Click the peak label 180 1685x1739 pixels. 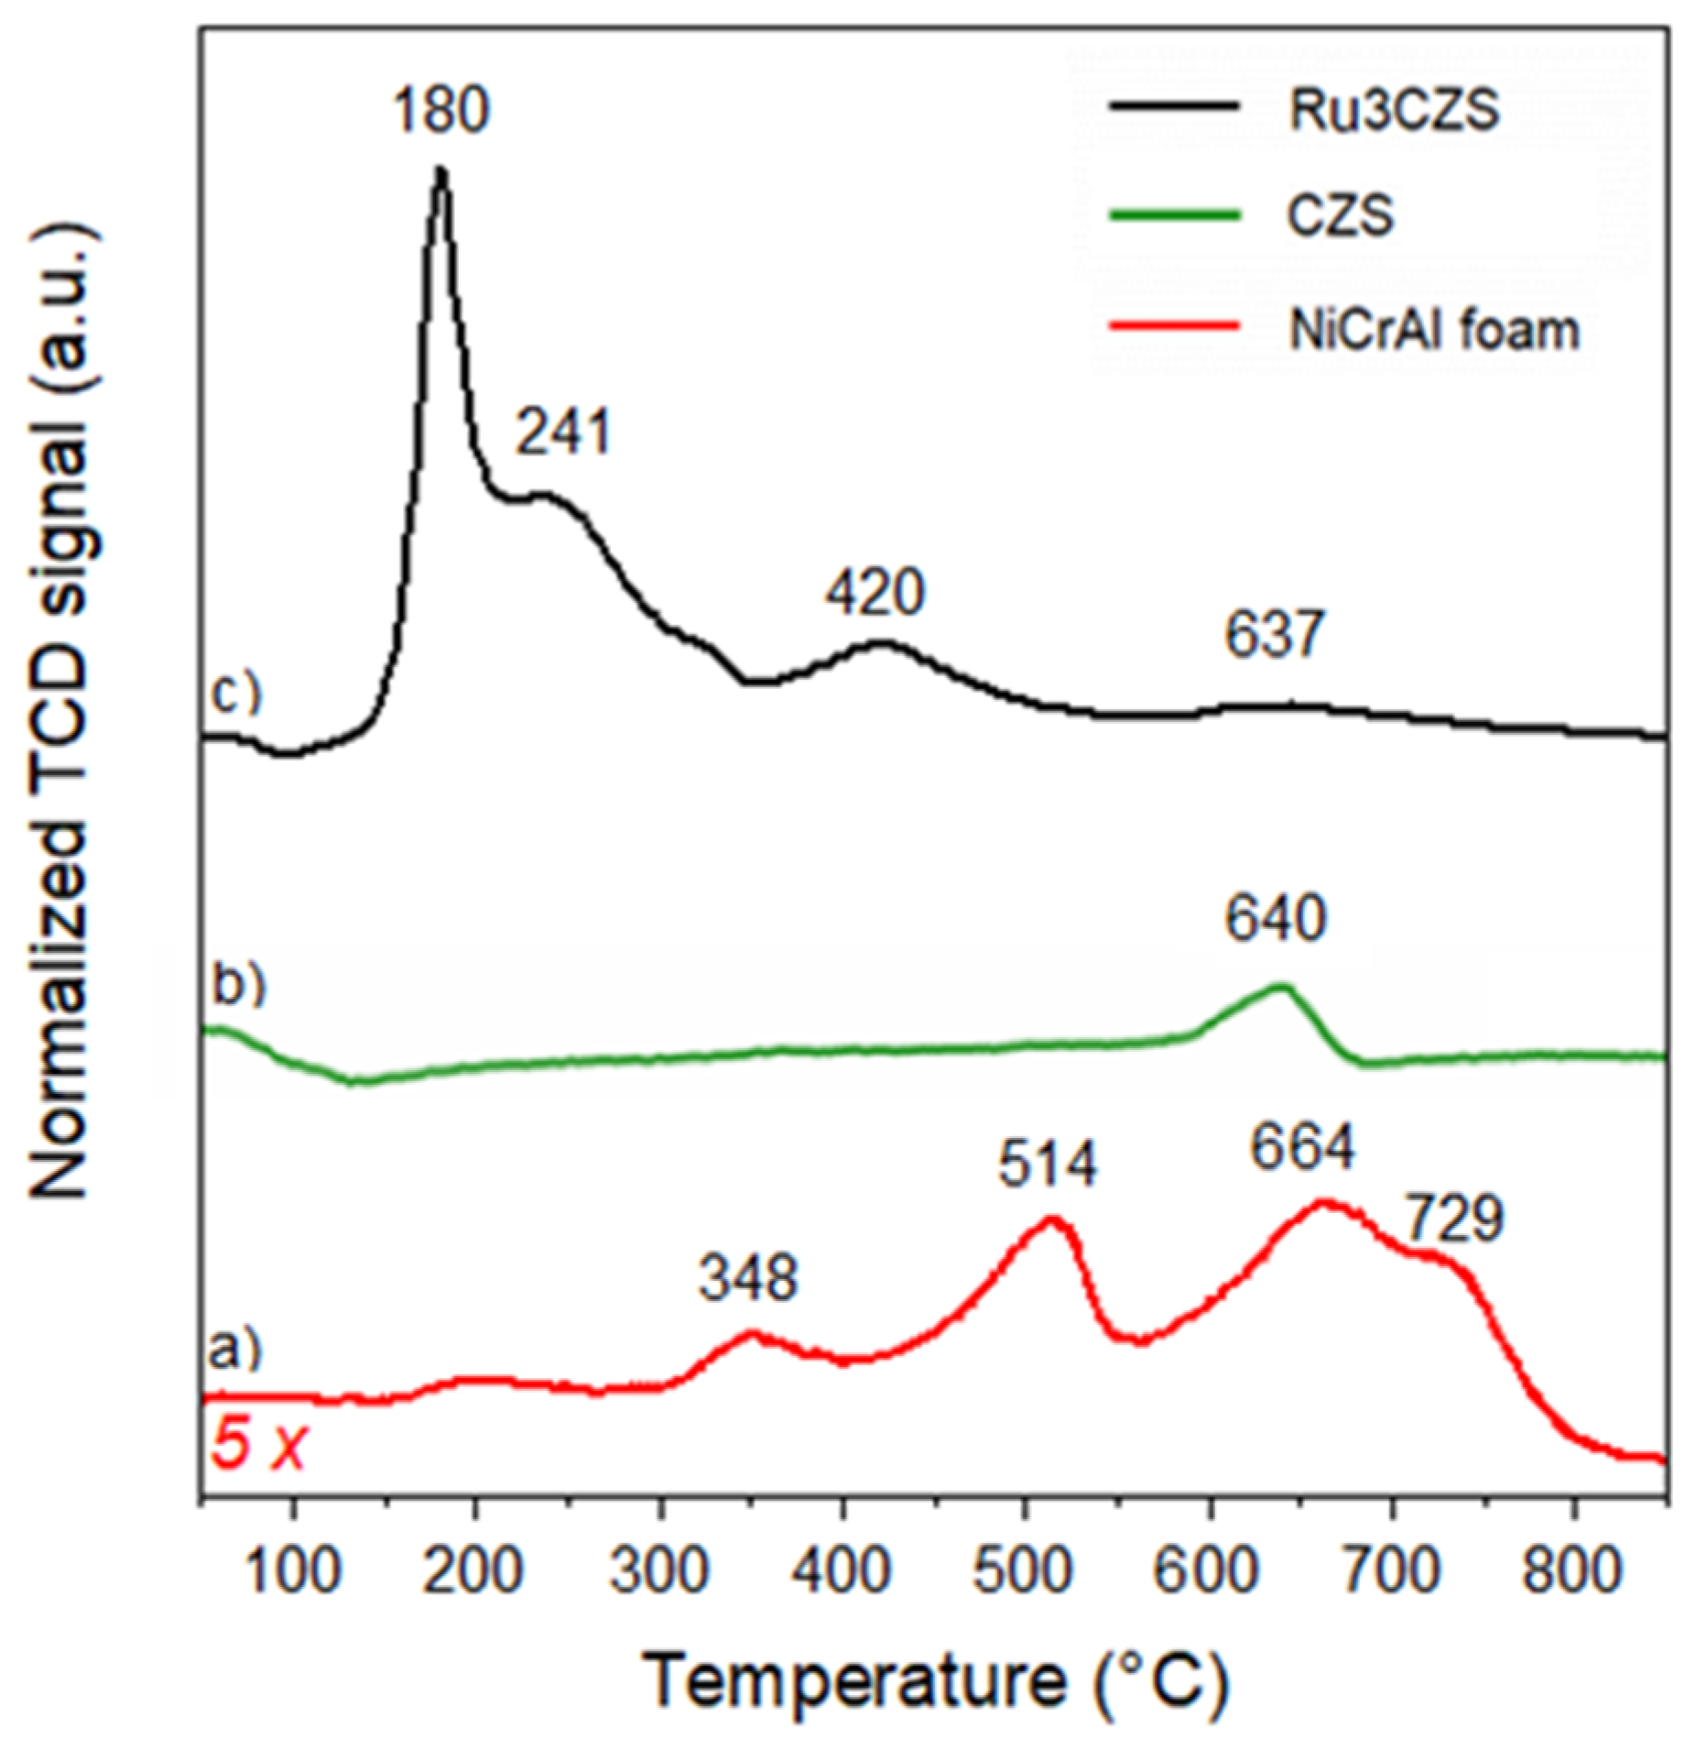442,111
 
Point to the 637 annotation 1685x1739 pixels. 1275,635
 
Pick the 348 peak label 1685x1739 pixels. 748,1278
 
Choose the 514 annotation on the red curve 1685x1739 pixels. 1047,1165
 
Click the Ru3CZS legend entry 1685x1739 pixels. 1394,111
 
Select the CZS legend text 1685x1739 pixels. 1342,219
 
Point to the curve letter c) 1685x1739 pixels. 236,694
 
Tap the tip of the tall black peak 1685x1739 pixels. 441,170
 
